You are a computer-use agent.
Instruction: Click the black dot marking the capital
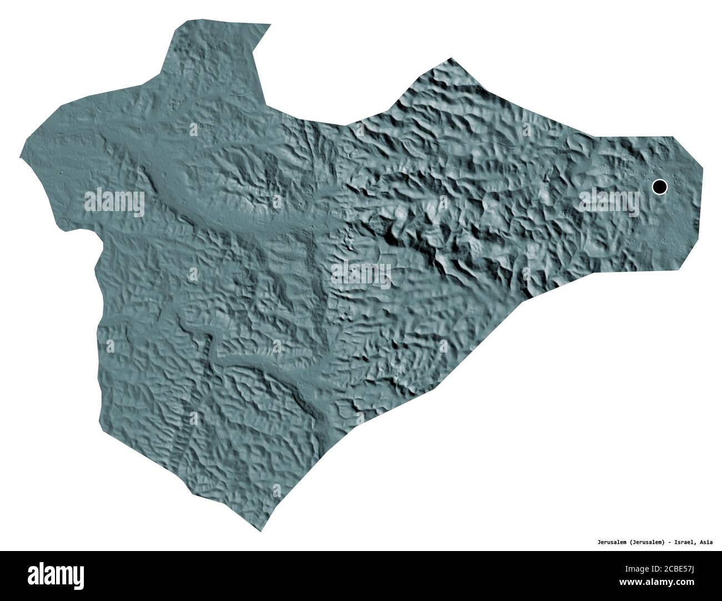(x=659, y=187)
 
